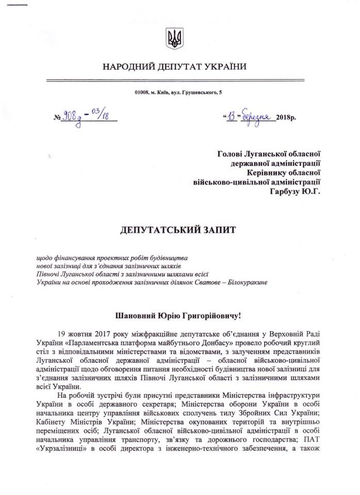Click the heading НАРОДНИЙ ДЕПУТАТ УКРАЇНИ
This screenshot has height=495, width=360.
coord(175,67)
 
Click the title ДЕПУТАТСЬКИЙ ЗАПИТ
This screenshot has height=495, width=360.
coord(175,230)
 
